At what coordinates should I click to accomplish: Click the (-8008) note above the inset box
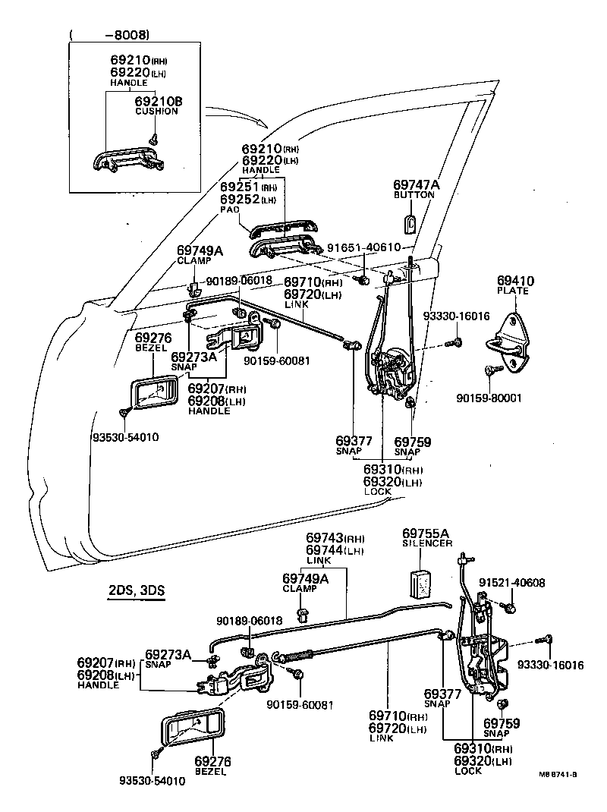pyautogui.click(x=109, y=33)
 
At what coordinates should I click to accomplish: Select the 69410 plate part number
pyautogui.click(x=515, y=281)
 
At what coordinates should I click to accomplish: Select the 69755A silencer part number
pyautogui.click(x=426, y=533)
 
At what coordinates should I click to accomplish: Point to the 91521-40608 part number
pyautogui.click(x=511, y=583)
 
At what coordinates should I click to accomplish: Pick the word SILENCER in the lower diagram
pyautogui.click(x=426, y=544)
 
